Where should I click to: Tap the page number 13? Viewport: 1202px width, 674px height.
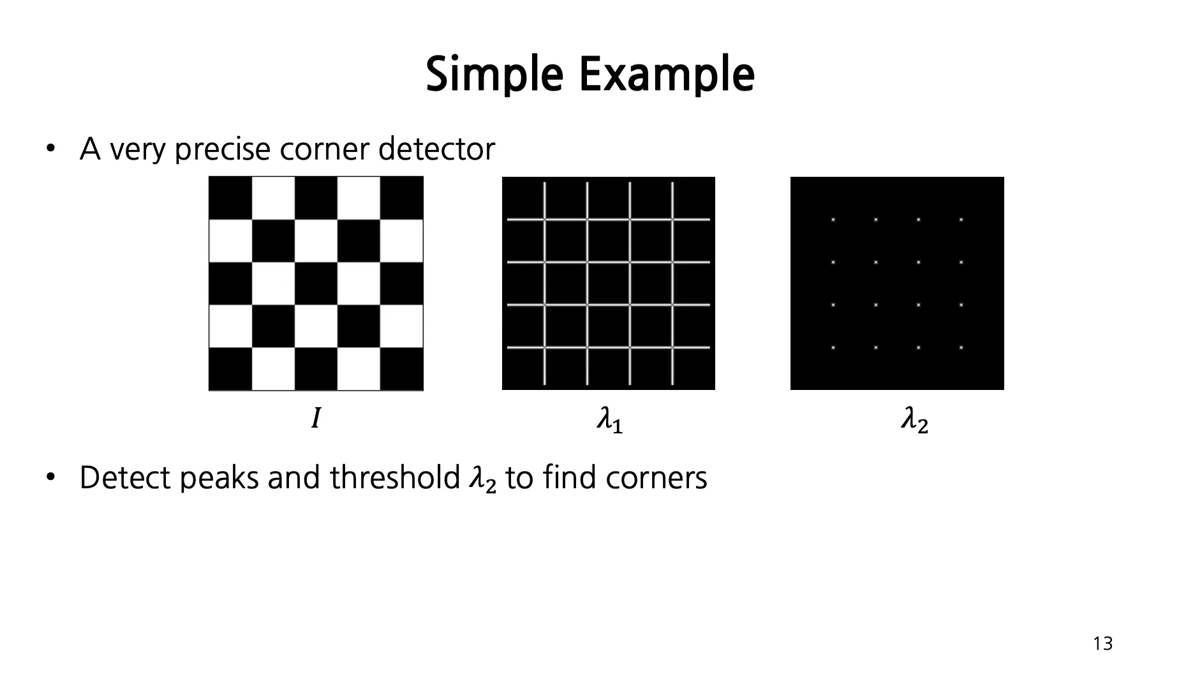click(1102, 644)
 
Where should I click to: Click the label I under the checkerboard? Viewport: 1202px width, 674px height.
click(315, 419)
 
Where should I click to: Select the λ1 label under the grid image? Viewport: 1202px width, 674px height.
click(609, 421)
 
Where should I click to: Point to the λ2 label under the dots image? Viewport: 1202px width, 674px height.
click(914, 421)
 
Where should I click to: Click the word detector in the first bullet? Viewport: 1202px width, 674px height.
click(436, 149)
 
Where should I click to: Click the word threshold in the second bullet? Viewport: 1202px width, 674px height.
click(394, 477)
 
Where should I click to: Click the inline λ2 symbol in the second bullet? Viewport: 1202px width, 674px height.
click(482, 480)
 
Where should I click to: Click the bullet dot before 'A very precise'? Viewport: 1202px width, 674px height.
click(50, 149)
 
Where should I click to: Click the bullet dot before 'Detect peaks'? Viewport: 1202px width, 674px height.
click(50, 477)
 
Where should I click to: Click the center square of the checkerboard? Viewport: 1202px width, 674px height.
click(316, 283)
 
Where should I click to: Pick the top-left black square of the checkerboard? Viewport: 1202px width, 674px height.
click(230, 198)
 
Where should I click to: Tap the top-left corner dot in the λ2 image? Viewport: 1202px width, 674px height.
click(833, 220)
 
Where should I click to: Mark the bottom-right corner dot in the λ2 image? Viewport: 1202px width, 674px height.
click(961, 348)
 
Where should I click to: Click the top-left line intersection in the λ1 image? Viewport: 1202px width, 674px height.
click(545, 220)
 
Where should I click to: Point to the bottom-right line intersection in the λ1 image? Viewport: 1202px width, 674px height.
click(672, 348)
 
